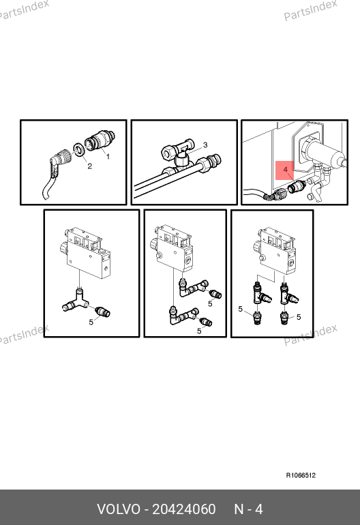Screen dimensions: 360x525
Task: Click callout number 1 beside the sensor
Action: pyautogui.click(x=108, y=156)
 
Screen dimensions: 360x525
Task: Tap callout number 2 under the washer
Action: pyautogui.click(x=89, y=166)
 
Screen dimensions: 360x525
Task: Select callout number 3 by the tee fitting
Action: pyautogui.click(x=205, y=145)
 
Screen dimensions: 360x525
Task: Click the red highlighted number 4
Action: pyautogui.click(x=285, y=170)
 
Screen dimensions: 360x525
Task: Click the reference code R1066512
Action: pyautogui.click(x=301, y=475)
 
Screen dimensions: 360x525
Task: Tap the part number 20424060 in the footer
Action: pyautogui.click(x=184, y=509)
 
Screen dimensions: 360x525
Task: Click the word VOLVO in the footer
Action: pyautogui.click(x=119, y=509)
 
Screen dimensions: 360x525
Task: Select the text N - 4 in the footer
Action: pyautogui.click(x=248, y=509)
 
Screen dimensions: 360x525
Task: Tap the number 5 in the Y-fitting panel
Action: pyautogui.click(x=91, y=322)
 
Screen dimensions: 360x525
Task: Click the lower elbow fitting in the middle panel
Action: pyautogui.click(x=183, y=316)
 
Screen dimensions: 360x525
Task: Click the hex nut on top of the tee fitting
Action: pyautogui.click(x=168, y=153)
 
